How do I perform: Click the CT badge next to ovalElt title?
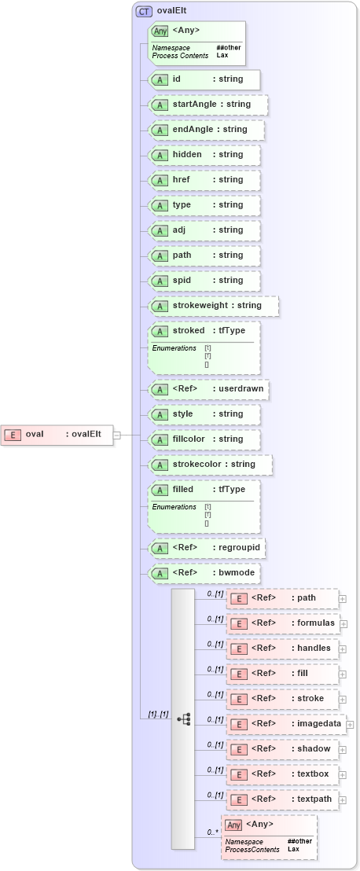(x=144, y=12)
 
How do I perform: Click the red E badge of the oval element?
(x=13, y=434)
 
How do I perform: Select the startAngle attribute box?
(x=208, y=105)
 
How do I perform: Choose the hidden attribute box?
(x=204, y=155)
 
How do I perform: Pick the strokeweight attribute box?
(x=213, y=306)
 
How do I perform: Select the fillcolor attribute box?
(x=204, y=439)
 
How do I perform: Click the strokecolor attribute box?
(x=210, y=465)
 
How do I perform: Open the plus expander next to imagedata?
(x=350, y=725)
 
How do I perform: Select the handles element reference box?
(x=283, y=649)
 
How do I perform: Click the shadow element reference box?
(x=283, y=749)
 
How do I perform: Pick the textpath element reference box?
(x=283, y=799)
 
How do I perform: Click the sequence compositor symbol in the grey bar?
(x=184, y=718)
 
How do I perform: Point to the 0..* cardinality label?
(x=211, y=832)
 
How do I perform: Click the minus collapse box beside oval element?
(x=116, y=434)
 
